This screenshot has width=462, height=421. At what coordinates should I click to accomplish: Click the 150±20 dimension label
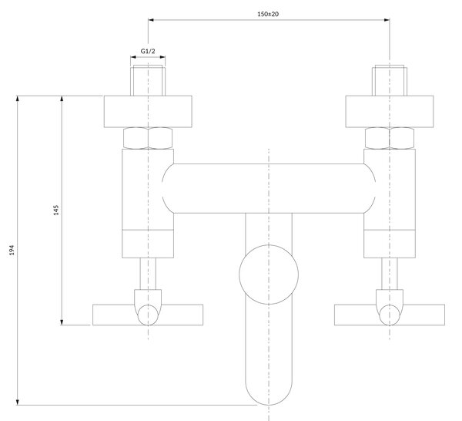(268, 14)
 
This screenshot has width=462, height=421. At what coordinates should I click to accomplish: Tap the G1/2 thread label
(148, 51)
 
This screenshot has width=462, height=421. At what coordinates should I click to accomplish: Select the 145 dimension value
(56, 210)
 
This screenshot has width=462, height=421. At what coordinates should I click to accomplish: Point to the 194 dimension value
(12, 250)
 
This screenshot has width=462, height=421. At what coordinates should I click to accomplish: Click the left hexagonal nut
(148, 138)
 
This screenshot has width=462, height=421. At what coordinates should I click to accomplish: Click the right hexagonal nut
(390, 138)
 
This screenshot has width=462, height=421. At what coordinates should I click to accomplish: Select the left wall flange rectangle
(148, 112)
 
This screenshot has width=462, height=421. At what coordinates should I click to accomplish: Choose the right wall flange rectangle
(390, 112)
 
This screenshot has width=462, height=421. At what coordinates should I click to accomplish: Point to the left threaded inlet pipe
(148, 80)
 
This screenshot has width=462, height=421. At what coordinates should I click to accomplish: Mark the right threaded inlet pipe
(390, 80)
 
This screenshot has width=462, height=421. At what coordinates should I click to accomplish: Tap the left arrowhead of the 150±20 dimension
(151, 20)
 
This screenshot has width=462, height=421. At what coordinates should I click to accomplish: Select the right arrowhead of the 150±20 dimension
(387, 20)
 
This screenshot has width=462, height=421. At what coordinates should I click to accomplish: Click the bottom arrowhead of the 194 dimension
(18, 402)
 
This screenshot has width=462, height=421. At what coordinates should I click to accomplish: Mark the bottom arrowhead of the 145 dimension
(62, 322)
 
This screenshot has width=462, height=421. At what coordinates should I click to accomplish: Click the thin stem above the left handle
(148, 274)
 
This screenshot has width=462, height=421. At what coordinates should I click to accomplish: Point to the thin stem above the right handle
(390, 274)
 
